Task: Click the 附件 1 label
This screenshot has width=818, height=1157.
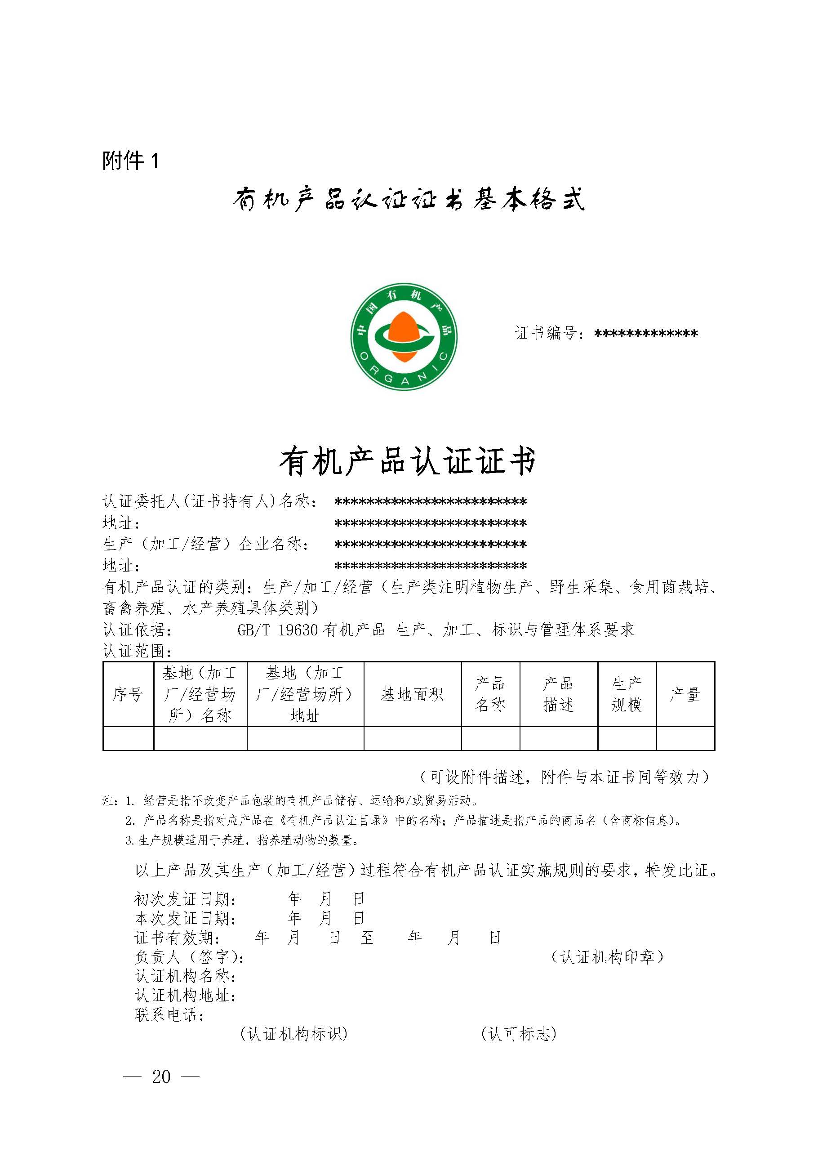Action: pyautogui.click(x=130, y=161)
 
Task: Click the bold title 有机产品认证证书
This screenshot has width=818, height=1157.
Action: pyautogui.click(x=409, y=461)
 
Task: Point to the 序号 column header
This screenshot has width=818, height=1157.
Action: pyautogui.click(x=128, y=694)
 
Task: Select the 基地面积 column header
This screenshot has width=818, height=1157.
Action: pyautogui.click(x=412, y=694)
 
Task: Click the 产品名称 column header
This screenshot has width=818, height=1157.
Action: pyautogui.click(x=490, y=694)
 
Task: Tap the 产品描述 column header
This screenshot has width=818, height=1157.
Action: pyautogui.click(x=558, y=694)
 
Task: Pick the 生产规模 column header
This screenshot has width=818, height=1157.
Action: pyautogui.click(x=627, y=694)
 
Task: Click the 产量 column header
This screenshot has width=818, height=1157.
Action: pyautogui.click(x=685, y=694)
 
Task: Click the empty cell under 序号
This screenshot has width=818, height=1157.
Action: pyautogui.click(x=128, y=738)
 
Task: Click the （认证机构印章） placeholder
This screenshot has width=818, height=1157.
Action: pyautogui.click(x=608, y=956)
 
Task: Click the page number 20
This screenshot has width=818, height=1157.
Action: pyautogui.click(x=161, y=1077)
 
